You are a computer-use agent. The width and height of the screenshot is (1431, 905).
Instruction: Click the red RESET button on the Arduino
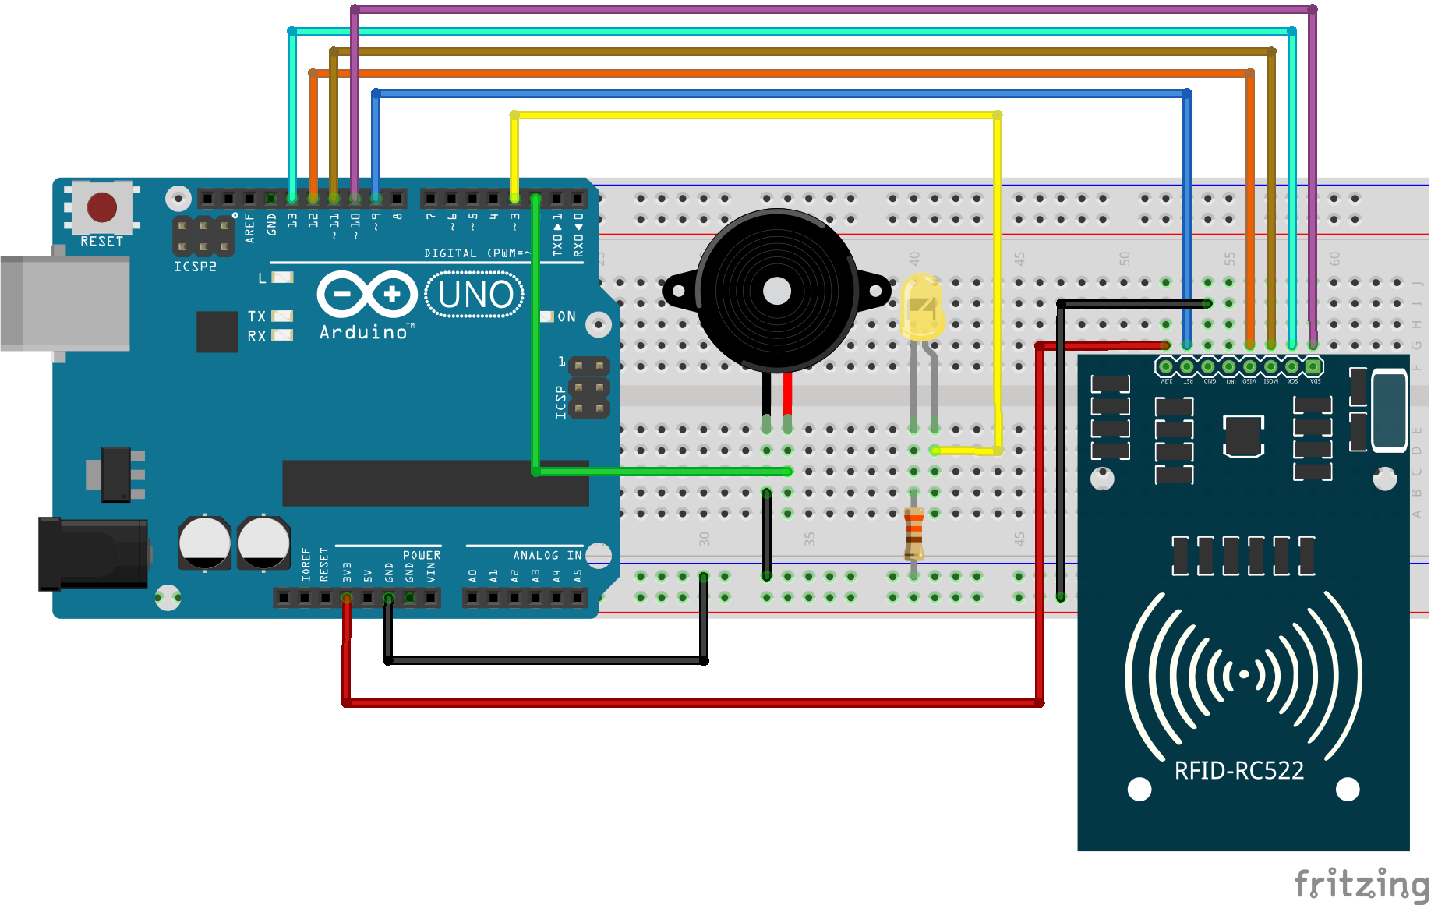click(101, 207)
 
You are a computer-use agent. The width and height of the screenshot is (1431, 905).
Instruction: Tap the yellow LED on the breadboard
click(922, 306)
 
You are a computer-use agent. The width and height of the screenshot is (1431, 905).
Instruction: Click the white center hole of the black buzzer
click(776, 292)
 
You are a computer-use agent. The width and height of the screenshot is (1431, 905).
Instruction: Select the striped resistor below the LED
click(913, 534)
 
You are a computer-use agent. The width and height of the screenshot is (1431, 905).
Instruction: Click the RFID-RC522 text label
click(1238, 771)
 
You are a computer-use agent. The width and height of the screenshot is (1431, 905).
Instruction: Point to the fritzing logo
click(1360, 885)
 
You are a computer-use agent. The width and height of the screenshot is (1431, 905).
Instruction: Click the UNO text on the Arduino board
click(475, 295)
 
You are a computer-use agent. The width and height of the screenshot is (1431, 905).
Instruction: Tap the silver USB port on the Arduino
click(66, 302)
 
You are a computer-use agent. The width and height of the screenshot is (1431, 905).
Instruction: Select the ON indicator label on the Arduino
click(567, 316)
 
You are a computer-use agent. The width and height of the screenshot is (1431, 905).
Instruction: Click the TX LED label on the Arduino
click(256, 316)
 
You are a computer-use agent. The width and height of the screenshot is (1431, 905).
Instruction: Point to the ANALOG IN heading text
click(547, 555)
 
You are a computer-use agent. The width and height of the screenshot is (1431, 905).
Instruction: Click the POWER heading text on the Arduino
click(422, 555)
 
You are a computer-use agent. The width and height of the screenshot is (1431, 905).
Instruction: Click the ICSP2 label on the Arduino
click(195, 267)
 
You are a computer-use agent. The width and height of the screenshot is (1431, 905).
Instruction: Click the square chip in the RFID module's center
click(1242, 436)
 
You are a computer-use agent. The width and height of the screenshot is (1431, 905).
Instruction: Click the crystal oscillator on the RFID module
click(1389, 411)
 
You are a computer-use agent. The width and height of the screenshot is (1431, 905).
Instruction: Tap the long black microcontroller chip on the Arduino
click(435, 483)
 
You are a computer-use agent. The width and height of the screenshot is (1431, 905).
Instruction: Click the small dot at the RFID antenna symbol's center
click(1244, 674)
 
